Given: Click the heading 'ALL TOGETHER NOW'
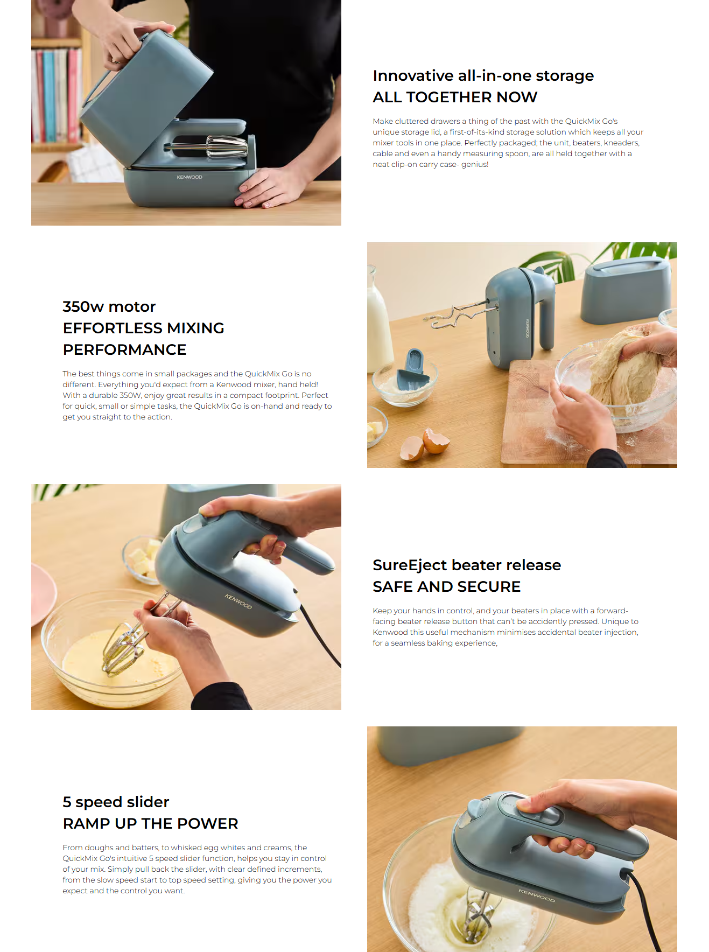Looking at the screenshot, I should pyautogui.click(x=455, y=97).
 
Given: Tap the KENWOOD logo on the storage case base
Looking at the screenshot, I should pyautogui.click(x=189, y=177).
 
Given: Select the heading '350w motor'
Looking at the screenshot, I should pyautogui.click(x=109, y=306).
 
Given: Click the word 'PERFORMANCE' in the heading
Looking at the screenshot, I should pyautogui.click(x=124, y=349).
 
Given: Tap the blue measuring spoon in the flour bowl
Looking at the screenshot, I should pyautogui.click(x=413, y=372).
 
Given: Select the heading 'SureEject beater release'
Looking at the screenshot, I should pyautogui.click(x=467, y=565).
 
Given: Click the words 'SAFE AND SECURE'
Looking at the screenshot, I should pyautogui.click(x=446, y=586).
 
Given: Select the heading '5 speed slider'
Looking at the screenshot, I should pyautogui.click(x=116, y=802).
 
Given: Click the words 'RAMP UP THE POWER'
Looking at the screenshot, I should pyautogui.click(x=150, y=823).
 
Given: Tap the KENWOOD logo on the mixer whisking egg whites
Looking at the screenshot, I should pyautogui.click(x=536, y=895).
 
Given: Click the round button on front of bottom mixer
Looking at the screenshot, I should pyautogui.click(x=475, y=808).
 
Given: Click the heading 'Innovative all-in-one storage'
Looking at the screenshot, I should pyautogui.click(x=483, y=75).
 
